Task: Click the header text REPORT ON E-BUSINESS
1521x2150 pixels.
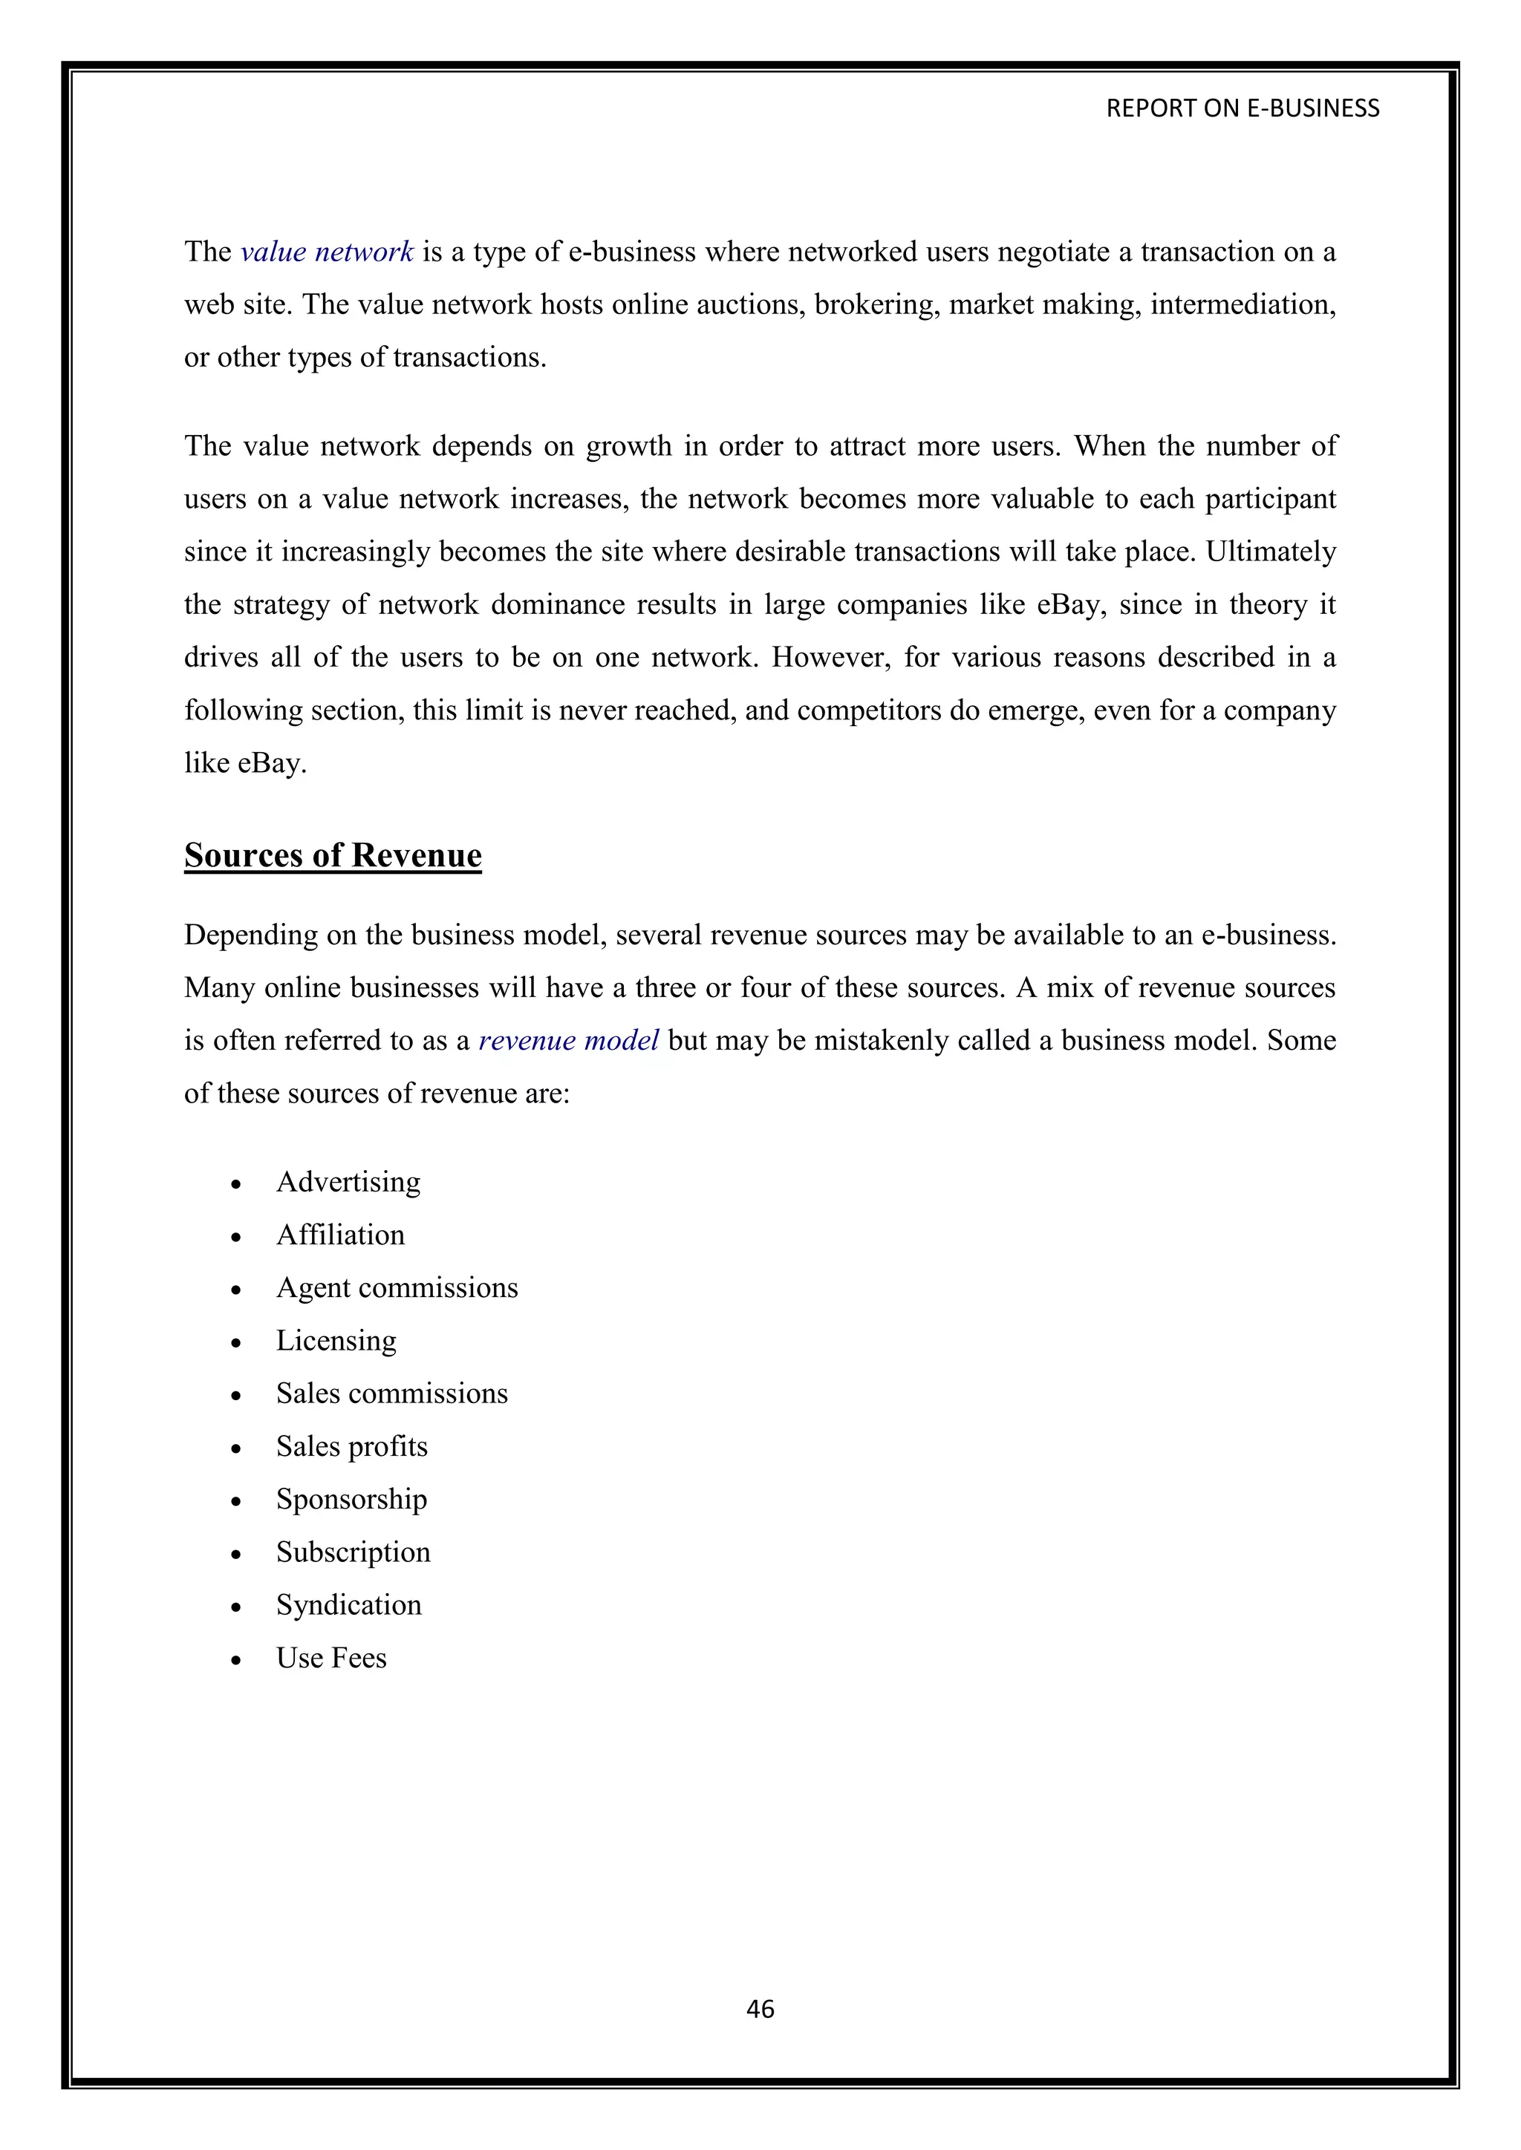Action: pyautogui.click(x=1242, y=108)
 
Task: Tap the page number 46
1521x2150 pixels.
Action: pyautogui.click(x=760, y=2009)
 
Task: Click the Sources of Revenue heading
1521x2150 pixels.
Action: pyautogui.click(x=333, y=855)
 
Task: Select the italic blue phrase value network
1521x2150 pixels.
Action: pyautogui.click(x=327, y=252)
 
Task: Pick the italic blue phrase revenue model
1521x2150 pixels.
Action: pyautogui.click(x=568, y=1040)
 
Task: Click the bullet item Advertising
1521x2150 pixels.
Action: pyautogui.click(x=348, y=1182)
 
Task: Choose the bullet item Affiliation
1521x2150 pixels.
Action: pyautogui.click(x=340, y=1235)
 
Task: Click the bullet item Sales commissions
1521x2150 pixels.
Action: pyautogui.click(x=391, y=1393)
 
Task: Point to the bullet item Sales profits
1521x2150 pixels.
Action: pyautogui.click(x=351, y=1447)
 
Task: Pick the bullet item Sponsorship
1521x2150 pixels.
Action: pyautogui.click(x=351, y=1499)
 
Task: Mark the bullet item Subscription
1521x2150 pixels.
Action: pyautogui.click(x=353, y=1552)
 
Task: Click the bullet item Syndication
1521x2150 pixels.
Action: pyautogui.click(x=348, y=1605)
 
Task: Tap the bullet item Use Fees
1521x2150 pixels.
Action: pyautogui.click(x=330, y=1659)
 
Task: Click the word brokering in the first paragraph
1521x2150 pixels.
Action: pyautogui.click(x=876, y=305)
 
